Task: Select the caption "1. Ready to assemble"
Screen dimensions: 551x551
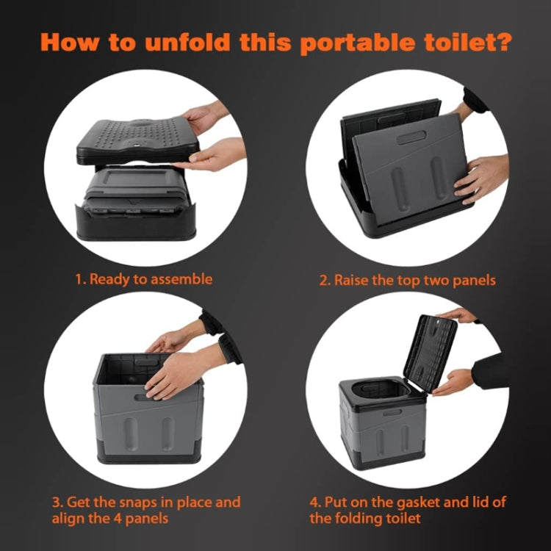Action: (143, 279)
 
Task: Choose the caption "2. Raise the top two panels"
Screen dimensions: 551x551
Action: (407, 280)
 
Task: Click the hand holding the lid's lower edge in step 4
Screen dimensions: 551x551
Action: (455, 382)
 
